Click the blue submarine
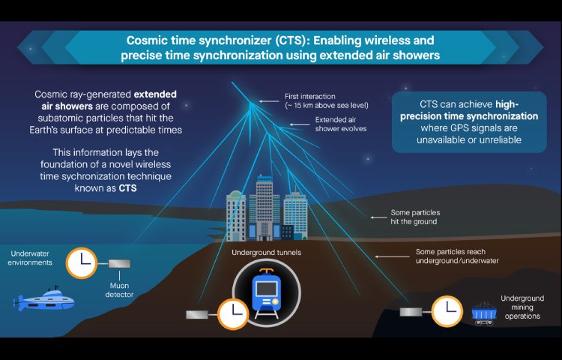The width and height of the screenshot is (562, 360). point(43,299)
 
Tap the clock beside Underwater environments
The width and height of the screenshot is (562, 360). point(82,263)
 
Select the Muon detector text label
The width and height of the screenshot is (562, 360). point(119,290)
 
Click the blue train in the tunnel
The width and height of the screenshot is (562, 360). point(266,293)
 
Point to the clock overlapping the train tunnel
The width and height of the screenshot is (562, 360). point(233,314)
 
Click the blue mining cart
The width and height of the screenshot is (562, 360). point(484,313)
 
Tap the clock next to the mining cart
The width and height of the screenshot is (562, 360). point(447,311)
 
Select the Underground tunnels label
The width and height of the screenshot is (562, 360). point(266,253)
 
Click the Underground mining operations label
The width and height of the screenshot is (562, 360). point(522,307)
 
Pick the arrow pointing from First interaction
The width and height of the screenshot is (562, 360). point(269,101)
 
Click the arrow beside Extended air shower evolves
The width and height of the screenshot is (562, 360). point(300,124)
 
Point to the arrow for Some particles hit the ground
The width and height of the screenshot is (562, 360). point(378,217)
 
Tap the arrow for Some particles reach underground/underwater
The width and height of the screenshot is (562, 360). point(392,256)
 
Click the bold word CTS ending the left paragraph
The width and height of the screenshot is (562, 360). point(127,188)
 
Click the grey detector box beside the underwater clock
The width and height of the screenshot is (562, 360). point(119,264)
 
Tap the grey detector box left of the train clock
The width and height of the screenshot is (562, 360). point(197,314)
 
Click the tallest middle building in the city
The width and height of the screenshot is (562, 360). point(265,208)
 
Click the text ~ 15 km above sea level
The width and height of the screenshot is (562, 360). point(327,106)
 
